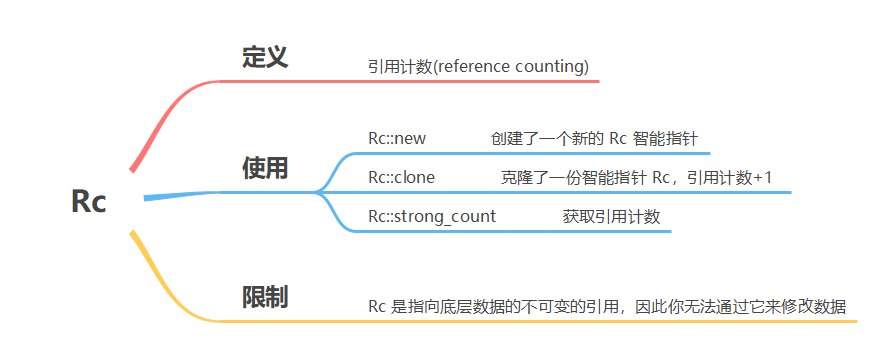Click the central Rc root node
pos(88,200)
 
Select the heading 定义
pos(265,57)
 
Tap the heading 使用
pos(265,168)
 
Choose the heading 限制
pos(265,297)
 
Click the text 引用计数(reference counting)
pos(478,67)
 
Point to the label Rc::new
pos(397,139)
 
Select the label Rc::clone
pos(401,177)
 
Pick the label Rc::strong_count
pos(432,216)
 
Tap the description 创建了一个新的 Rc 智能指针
pos(600,139)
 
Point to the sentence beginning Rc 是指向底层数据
pos(607,307)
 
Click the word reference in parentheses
pos(476,67)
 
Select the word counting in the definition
pos(551,67)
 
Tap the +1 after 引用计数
pos(762,177)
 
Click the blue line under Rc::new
pos(530,154)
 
